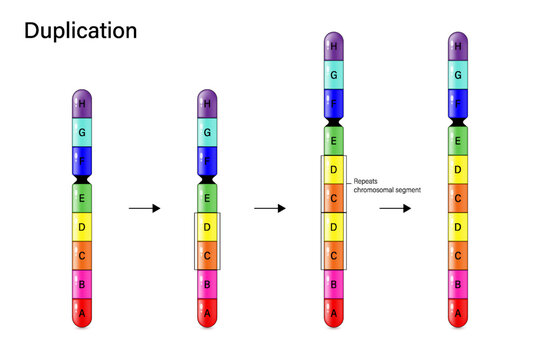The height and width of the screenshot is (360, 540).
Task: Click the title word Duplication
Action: click(x=80, y=31)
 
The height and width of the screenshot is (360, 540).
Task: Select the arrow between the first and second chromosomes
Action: click(x=144, y=208)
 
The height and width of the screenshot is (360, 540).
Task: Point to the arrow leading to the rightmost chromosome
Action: click(x=396, y=208)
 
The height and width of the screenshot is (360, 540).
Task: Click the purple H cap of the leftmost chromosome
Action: click(x=82, y=103)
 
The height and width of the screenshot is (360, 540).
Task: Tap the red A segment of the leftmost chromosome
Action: click(x=82, y=314)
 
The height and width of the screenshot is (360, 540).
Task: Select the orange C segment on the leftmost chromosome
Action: click(x=82, y=255)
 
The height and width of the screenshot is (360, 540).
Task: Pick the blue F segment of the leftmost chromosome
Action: click(x=82, y=160)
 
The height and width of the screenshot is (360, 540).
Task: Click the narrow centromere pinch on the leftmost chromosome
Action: click(x=82, y=177)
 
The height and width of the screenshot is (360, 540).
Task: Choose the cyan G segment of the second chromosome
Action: click(x=207, y=132)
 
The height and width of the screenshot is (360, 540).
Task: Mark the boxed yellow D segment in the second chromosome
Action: click(x=207, y=226)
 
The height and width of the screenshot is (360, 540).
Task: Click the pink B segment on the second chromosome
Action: click(x=207, y=285)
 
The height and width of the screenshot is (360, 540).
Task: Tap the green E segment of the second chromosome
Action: click(x=207, y=197)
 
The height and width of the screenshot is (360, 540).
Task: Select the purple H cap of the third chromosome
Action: click(x=333, y=46)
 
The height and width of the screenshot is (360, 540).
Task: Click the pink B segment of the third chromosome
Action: click(x=333, y=285)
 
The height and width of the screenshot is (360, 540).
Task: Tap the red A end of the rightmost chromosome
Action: click(x=459, y=314)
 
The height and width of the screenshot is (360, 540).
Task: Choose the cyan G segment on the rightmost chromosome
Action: click(x=459, y=74)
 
